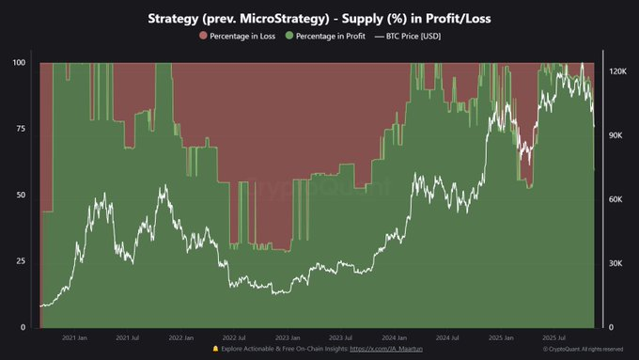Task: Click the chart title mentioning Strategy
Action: (x=319, y=18)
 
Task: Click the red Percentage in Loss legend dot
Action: (x=202, y=36)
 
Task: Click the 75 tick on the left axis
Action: (x=20, y=130)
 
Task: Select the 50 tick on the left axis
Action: (x=20, y=196)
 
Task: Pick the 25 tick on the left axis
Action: (x=20, y=261)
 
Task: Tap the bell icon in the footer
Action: (x=216, y=349)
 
